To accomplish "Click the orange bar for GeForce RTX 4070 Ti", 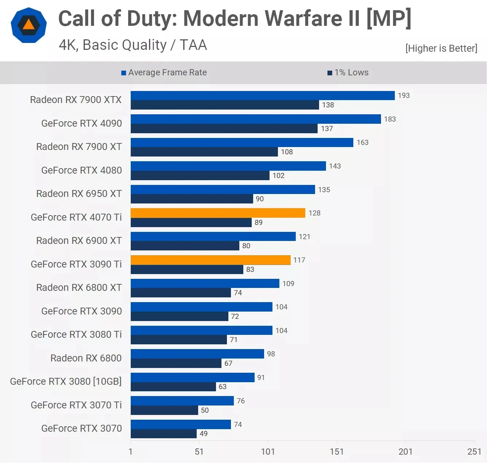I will (x=218, y=213).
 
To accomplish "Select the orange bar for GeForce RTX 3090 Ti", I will (x=211, y=260).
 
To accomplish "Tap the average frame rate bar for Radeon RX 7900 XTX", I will (x=263, y=95).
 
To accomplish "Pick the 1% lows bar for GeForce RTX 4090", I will (x=224, y=128).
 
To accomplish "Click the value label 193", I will (x=404, y=95).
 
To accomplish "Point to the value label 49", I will (x=204, y=434).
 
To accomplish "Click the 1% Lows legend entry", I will (x=348, y=72).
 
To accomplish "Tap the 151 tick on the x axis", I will (x=337, y=451).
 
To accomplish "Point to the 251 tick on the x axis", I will (x=474, y=451).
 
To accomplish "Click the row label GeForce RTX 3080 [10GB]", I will (x=66, y=381).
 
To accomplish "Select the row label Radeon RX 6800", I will (x=86, y=358).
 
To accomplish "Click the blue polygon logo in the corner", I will (x=29, y=25).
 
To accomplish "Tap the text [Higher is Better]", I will (x=441, y=48).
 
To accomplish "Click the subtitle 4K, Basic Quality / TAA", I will (x=133, y=45).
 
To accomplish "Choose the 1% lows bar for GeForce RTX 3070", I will (x=164, y=434).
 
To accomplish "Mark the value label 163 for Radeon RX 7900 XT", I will (x=362, y=142).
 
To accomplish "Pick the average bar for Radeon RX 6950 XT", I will (x=223, y=189).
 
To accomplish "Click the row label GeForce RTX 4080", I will (x=82, y=170).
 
